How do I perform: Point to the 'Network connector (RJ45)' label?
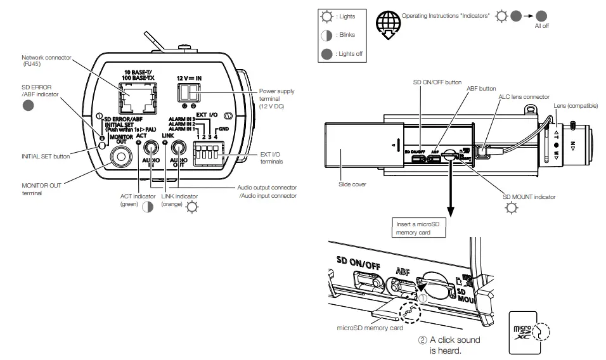click(x=46, y=61)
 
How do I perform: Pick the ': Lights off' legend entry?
click(x=342, y=54)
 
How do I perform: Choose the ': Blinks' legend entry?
click(x=342, y=35)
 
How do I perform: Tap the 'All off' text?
click(x=542, y=27)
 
